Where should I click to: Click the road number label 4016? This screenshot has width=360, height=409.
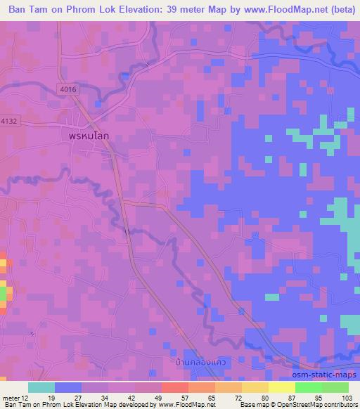68,89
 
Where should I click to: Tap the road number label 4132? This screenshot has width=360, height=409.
8,120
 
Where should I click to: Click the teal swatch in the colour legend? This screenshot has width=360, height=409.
41,387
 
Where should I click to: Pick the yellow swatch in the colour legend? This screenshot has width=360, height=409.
281,387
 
